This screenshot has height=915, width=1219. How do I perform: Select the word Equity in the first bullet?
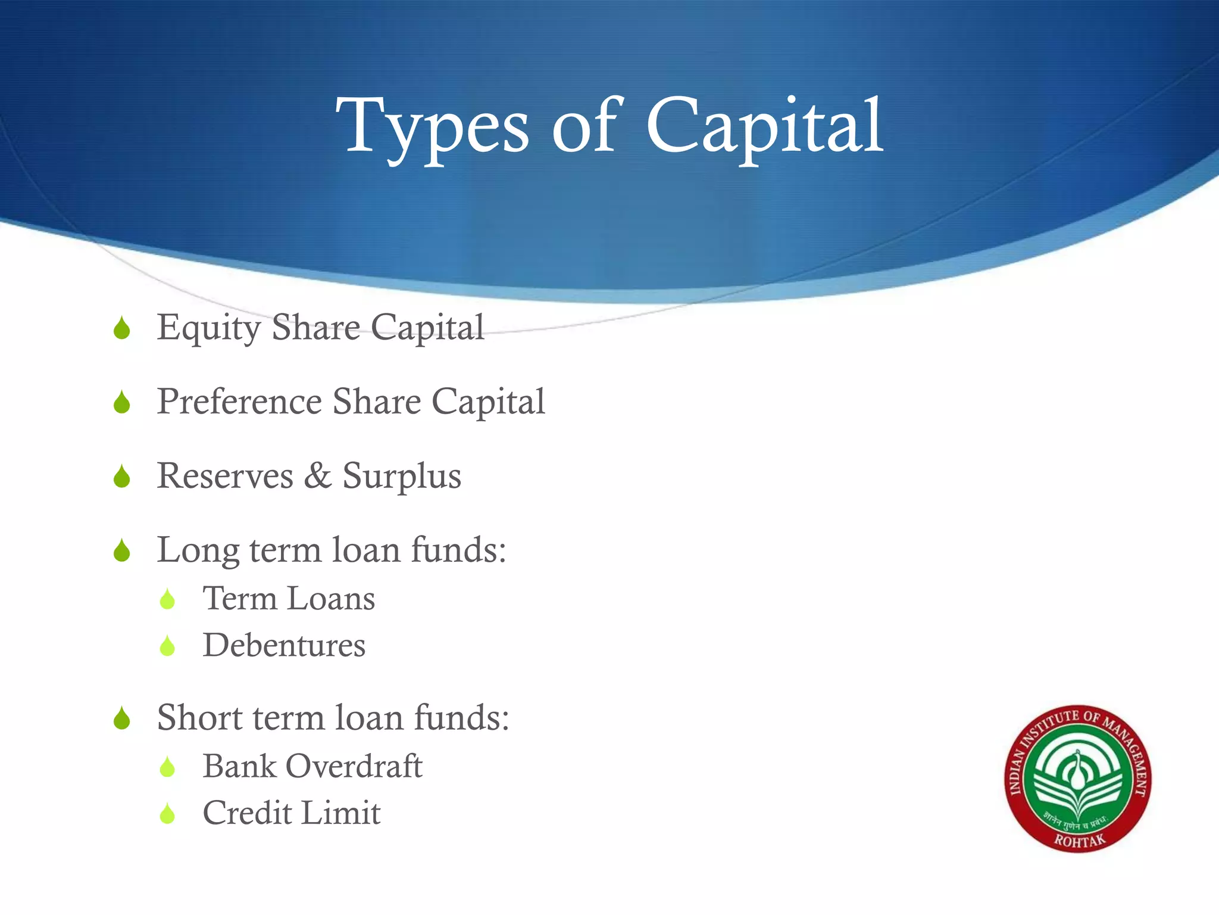[x=209, y=328]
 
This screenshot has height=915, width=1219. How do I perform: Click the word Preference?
[x=239, y=402]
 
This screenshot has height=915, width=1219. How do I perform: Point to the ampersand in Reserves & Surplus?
[x=318, y=476]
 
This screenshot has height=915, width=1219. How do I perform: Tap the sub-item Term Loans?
[x=289, y=599]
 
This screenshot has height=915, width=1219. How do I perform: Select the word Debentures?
[x=284, y=645]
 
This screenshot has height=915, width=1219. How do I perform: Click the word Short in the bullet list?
[x=199, y=717]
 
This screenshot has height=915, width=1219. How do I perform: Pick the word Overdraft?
[x=354, y=766]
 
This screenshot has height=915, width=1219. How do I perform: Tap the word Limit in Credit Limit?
[x=348, y=813]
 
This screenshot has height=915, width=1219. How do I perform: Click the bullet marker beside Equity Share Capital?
[x=122, y=328]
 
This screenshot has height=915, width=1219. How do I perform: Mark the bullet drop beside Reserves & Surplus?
[x=122, y=477]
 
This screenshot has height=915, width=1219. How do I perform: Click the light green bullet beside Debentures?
[x=168, y=646]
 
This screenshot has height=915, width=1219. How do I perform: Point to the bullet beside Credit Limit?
[x=168, y=814]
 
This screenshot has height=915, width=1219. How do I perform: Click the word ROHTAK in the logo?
[x=1079, y=841]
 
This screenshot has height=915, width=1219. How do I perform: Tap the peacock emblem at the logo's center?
[x=1077, y=774]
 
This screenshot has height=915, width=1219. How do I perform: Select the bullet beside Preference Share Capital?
[x=122, y=403]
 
